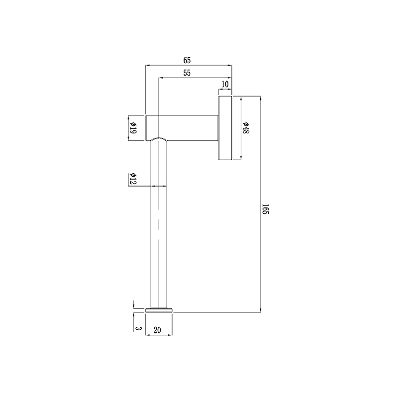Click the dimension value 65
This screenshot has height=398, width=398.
click(187, 60)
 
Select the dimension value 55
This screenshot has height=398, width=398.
click(187, 73)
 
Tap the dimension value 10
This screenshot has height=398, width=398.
click(225, 85)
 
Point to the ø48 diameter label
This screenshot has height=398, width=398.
click(246, 128)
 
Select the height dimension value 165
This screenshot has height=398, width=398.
click(266, 208)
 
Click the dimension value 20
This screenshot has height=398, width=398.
click(157, 329)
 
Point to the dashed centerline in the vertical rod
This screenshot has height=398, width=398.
click(158, 224)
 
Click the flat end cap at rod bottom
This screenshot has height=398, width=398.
click(159, 310)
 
